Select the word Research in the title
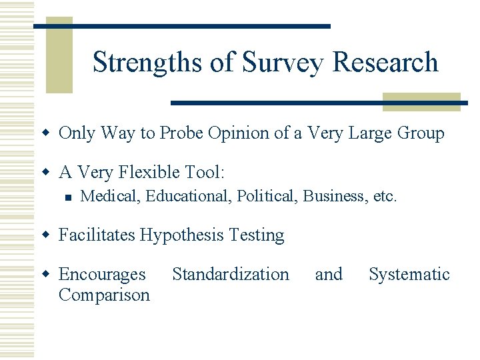click(x=385, y=62)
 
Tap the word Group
click(x=420, y=133)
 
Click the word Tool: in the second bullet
click(x=205, y=173)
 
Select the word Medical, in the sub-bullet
click(x=110, y=197)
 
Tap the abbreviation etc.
click(x=385, y=197)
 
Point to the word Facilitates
click(x=98, y=235)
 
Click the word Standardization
click(x=231, y=274)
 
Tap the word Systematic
click(x=409, y=274)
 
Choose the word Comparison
click(x=104, y=295)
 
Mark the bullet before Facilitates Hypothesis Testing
click(x=46, y=236)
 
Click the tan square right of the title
click(x=421, y=101)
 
